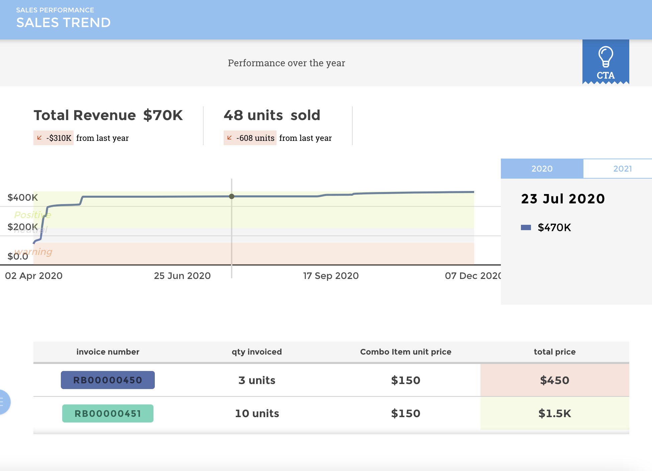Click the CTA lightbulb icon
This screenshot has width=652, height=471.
coord(606,57)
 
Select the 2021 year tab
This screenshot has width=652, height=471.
coord(622,169)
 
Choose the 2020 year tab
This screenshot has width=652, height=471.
coord(542,169)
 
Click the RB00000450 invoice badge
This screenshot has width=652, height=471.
coord(108,380)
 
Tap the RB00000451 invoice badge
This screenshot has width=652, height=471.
coord(108,413)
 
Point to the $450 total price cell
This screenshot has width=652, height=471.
coord(554,380)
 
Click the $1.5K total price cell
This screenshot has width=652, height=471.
coord(554,413)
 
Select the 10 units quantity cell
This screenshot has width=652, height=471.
coord(257,413)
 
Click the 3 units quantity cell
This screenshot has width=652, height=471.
coord(257,380)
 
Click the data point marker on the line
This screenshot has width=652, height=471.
coord(232,196)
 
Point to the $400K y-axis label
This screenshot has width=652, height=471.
coord(23,197)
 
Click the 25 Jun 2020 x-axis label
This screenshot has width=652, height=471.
coord(182,276)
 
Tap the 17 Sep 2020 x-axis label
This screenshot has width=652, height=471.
coord(331,276)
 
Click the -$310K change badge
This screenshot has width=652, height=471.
coord(54,138)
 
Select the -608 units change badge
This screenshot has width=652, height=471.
coord(250,138)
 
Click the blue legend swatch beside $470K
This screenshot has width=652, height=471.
coord(526,227)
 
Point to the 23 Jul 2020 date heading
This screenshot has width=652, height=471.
coord(563,199)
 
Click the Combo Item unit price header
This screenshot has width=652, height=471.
coord(406,352)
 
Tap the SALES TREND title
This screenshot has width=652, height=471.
coord(63,22)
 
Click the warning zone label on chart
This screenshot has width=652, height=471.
coord(33,252)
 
